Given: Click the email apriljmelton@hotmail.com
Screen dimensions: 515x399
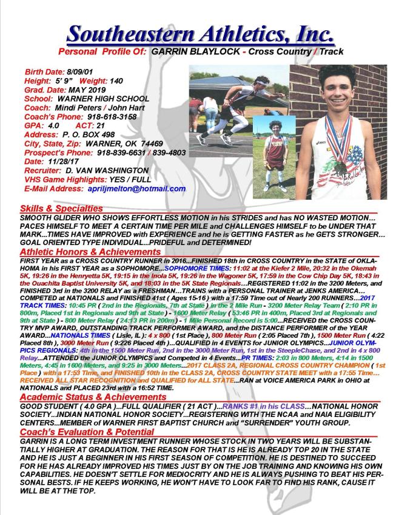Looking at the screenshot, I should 136,189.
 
